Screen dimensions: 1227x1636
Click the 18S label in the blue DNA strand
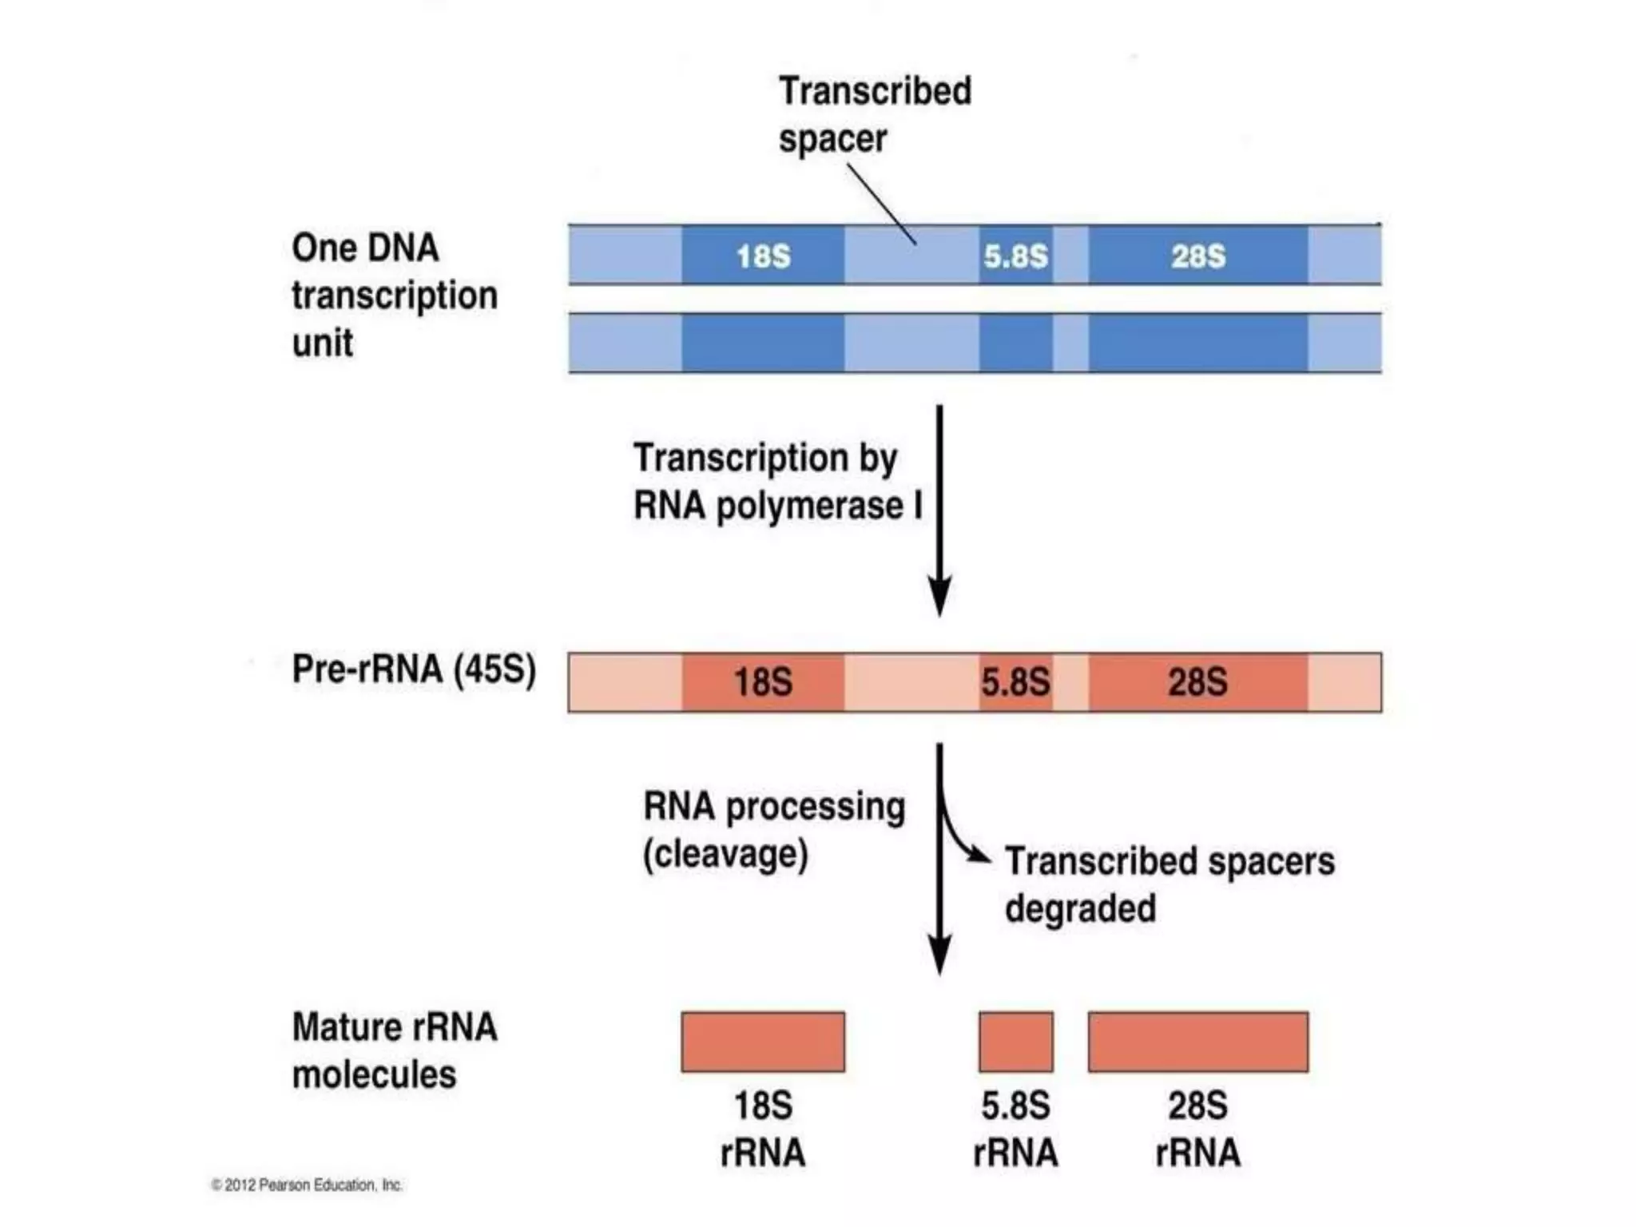(x=763, y=256)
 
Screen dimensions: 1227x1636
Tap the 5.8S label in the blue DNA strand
(x=1015, y=256)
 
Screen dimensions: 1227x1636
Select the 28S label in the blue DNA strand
(x=1197, y=256)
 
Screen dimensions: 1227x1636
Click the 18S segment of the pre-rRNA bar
(x=763, y=682)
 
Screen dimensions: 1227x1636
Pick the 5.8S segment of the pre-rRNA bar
(x=1015, y=682)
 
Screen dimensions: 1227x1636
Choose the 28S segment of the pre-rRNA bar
(x=1197, y=682)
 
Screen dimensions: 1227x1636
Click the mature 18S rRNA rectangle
(x=763, y=1042)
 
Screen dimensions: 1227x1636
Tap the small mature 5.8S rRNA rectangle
(x=1015, y=1042)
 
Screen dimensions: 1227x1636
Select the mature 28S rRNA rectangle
(x=1197, y=1042)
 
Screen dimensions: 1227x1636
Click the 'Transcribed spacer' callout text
(x=874, y=114)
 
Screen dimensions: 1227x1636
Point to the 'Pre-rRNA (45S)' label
(x=413, y=669)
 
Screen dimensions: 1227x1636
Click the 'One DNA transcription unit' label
(x=394, y=295)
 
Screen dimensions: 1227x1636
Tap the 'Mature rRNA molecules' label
(x=394, y=1050)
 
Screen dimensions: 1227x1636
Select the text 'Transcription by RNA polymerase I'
(x=776, y=482)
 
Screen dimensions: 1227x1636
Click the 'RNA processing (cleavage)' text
(x=772, y=830)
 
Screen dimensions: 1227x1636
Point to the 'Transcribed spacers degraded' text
(x=1169, y=884)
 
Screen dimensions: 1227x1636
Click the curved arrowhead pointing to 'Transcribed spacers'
(x=980, y=856)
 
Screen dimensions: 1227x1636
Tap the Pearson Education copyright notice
(x=307, y=1185)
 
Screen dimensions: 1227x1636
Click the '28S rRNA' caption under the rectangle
(x=1197, y=1129)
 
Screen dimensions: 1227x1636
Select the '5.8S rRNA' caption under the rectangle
(x=1015, y=1129)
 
